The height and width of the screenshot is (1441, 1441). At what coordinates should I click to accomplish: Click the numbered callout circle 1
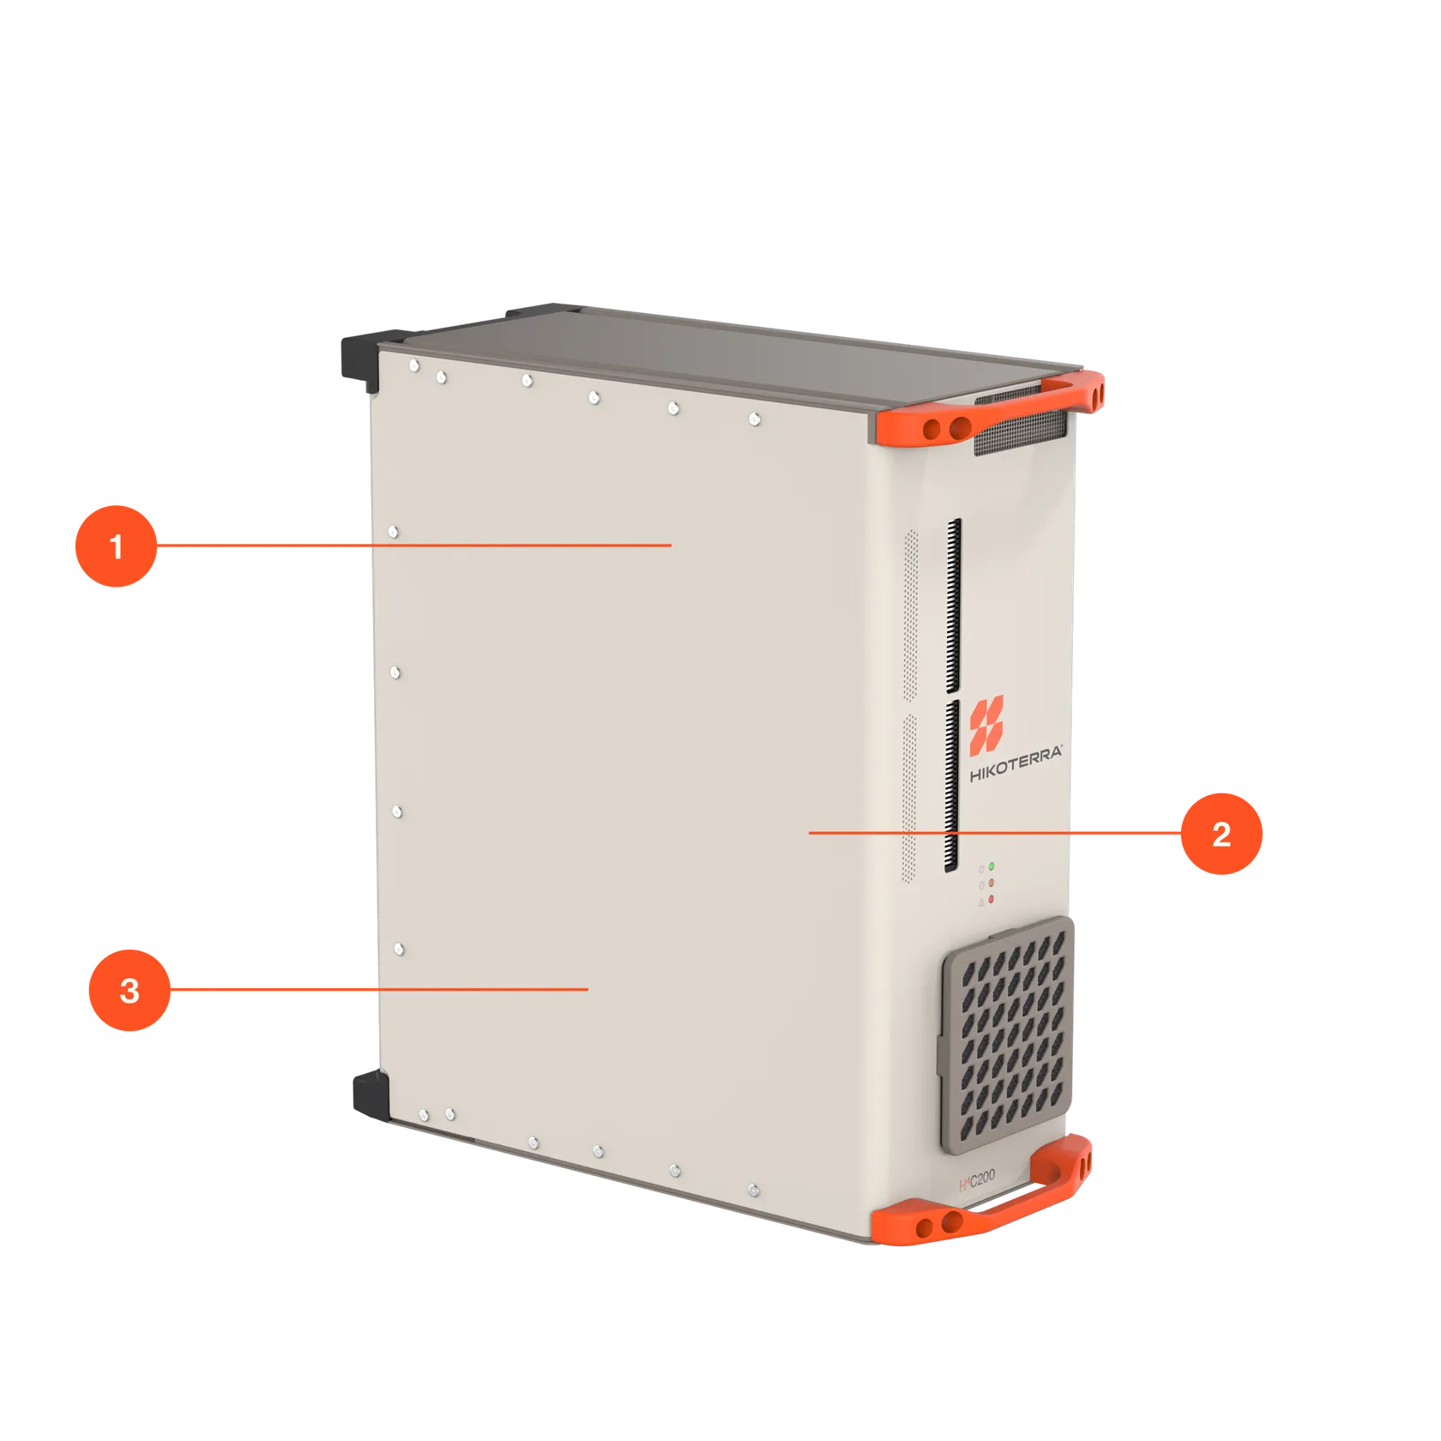116,546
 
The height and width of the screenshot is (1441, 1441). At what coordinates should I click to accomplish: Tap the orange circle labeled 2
1221,833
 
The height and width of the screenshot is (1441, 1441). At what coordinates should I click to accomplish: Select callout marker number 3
129,990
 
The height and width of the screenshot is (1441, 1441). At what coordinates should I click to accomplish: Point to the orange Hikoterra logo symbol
986,721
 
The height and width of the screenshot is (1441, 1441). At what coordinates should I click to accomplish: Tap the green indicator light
992,866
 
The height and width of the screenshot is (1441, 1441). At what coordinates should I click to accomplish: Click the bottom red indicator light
992,898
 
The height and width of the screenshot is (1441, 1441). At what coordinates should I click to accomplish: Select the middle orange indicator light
992,882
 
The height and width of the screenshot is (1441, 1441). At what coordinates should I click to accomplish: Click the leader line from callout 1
412,545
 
